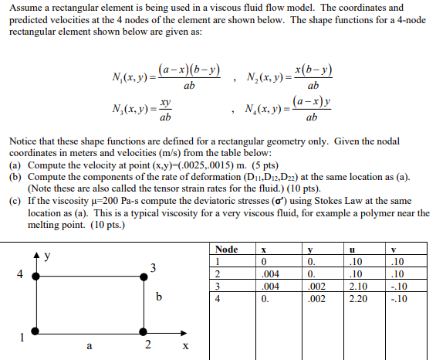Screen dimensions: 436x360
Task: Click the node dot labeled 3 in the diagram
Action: coord(141,274)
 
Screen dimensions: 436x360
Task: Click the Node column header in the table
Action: coord(226,250)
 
